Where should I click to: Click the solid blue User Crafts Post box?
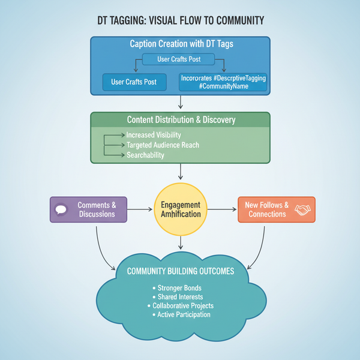(134, 82)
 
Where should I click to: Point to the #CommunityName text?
(223, 87)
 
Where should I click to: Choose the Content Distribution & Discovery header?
(181, 120)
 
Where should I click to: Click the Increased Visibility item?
(154, 135)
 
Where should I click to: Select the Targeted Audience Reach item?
(163, 145)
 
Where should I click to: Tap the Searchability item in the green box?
(145, 155)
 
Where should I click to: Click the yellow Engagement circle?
(181, 209)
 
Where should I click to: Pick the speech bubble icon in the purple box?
(61, 210)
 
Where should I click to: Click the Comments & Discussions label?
(97, 209)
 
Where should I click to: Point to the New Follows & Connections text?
(268, 209)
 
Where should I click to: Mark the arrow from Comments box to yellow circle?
(140, 209)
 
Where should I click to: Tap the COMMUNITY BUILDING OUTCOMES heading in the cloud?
(181, 272)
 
